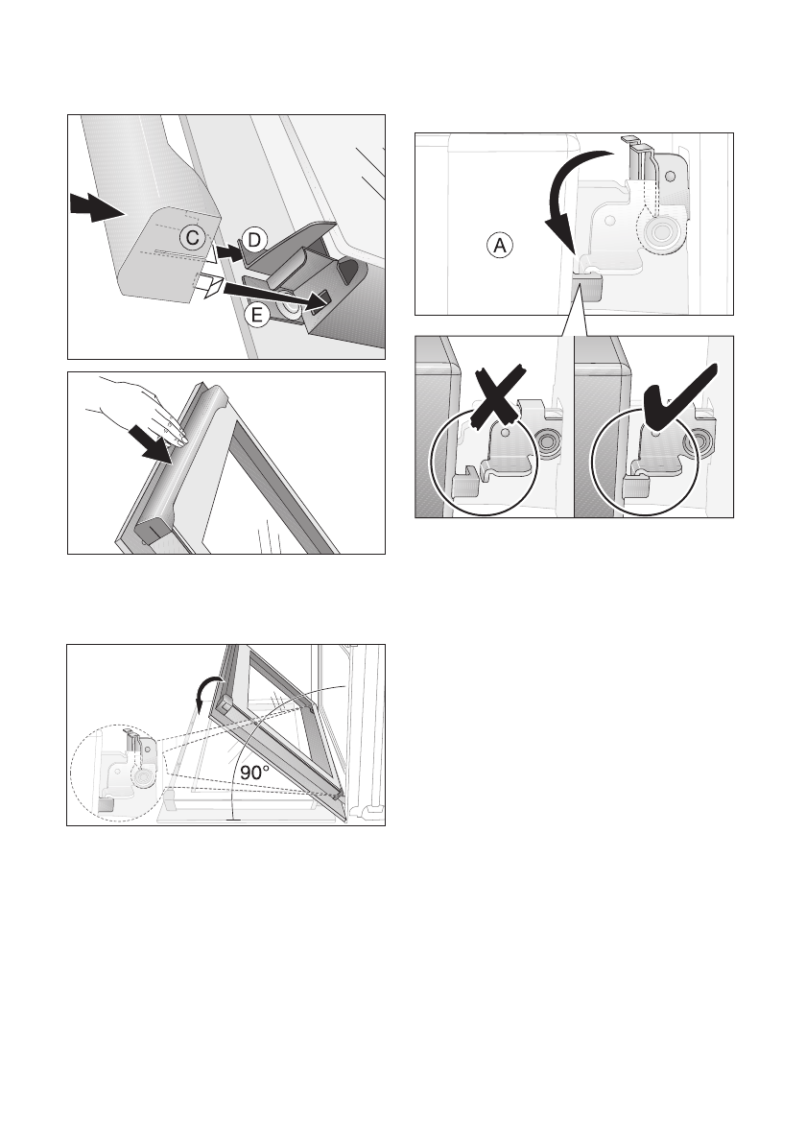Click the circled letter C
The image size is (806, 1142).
192,237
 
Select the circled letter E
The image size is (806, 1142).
256,315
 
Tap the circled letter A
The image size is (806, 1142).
500,246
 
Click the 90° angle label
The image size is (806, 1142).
255,773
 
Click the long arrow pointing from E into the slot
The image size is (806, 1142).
273,295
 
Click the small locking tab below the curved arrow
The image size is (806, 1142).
588,285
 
